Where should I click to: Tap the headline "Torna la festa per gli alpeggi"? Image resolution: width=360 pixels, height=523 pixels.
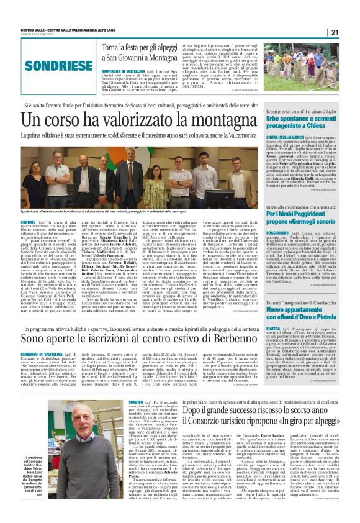click(x=140, y=48)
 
